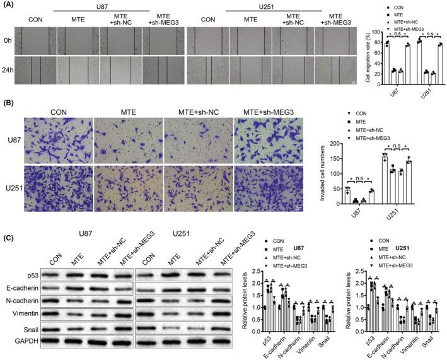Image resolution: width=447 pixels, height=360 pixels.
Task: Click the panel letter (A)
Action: (8, 4)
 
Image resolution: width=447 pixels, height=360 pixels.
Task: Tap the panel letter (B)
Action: (8, 99)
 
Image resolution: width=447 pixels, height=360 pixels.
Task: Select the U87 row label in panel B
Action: (12, 134)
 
